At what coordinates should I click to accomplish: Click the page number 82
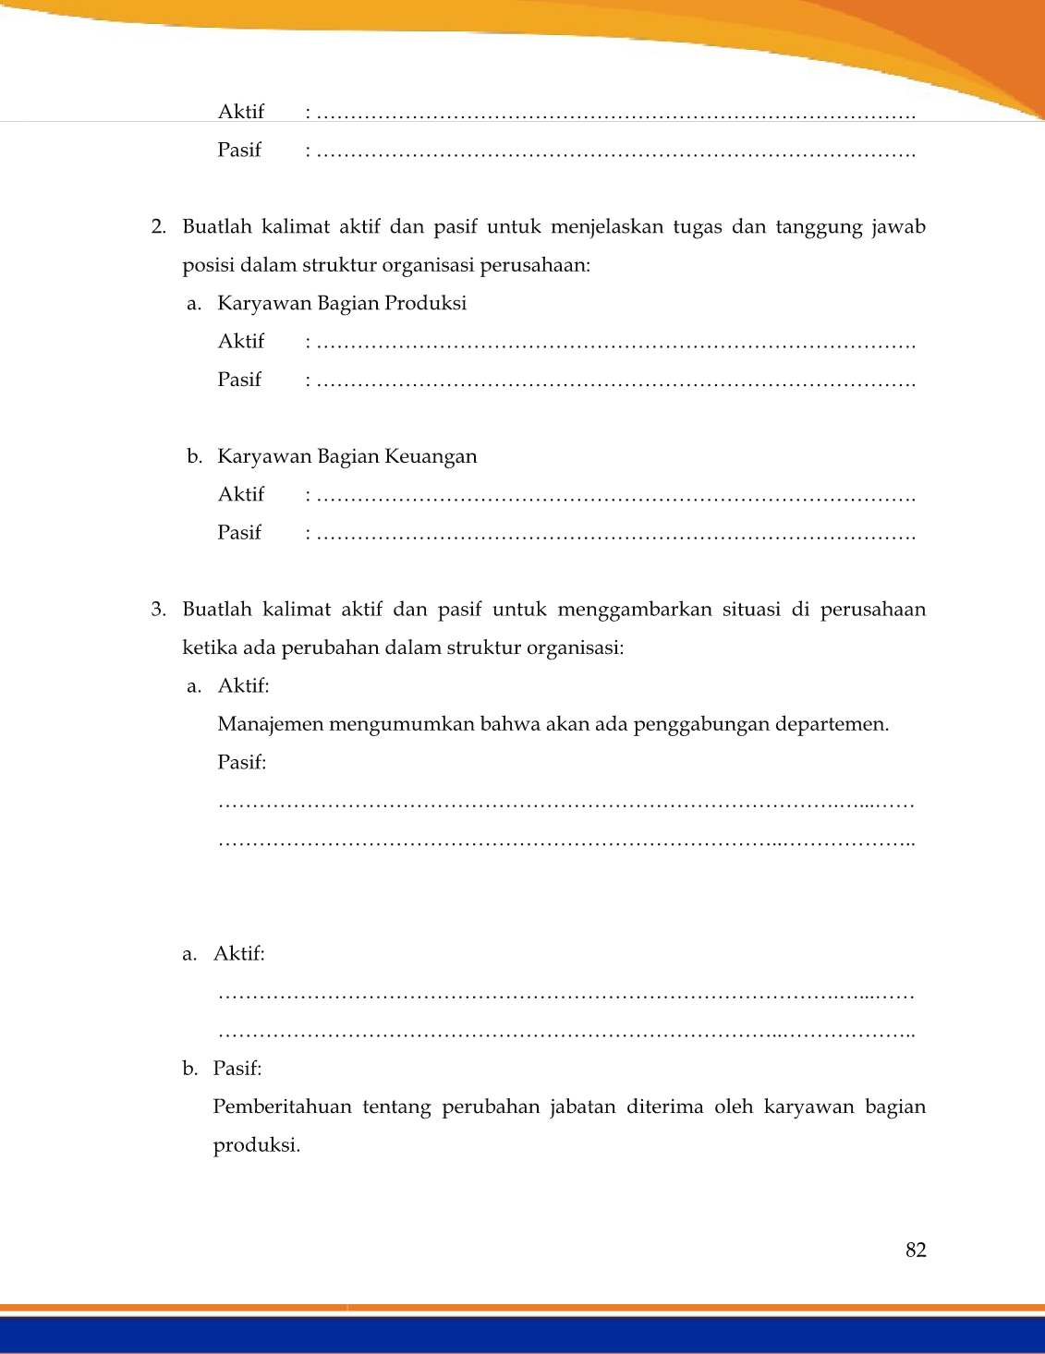(916, 1251)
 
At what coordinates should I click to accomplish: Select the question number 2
(158, 227)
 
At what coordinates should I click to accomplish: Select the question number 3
(158, 610)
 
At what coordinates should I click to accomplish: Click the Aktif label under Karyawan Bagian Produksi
(241, 342)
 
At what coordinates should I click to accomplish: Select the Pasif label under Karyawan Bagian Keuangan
(239, 533)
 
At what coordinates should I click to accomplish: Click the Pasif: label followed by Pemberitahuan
(237, 1069)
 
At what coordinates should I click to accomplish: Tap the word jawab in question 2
(898, 227)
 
